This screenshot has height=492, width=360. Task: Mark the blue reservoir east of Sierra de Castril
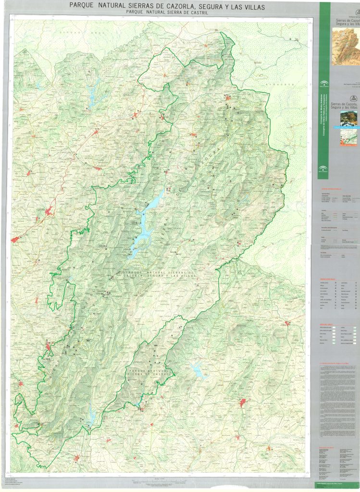point(198,370)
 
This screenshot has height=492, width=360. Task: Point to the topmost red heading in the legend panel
point(332,189)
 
